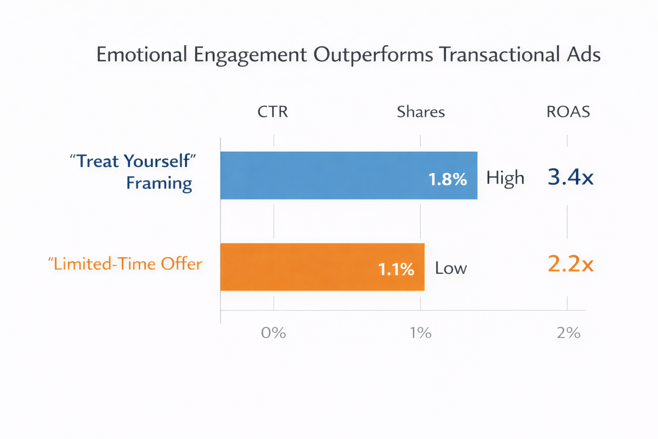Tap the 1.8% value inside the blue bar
(448, 179)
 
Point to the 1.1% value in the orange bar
(396, 269)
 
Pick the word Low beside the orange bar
(451, 268)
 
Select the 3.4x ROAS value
(570, 177)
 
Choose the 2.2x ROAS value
(570, 264)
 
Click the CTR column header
(272, 112)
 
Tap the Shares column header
(421, 112)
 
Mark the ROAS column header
(568, 112)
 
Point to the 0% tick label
(273, 333)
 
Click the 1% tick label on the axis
(421, 333)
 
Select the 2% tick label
(568, 333)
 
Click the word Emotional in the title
(142, 55)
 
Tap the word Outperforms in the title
(373, 55)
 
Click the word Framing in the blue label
(159, 183)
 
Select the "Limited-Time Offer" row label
(125, 264)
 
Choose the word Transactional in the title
(499, 55)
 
